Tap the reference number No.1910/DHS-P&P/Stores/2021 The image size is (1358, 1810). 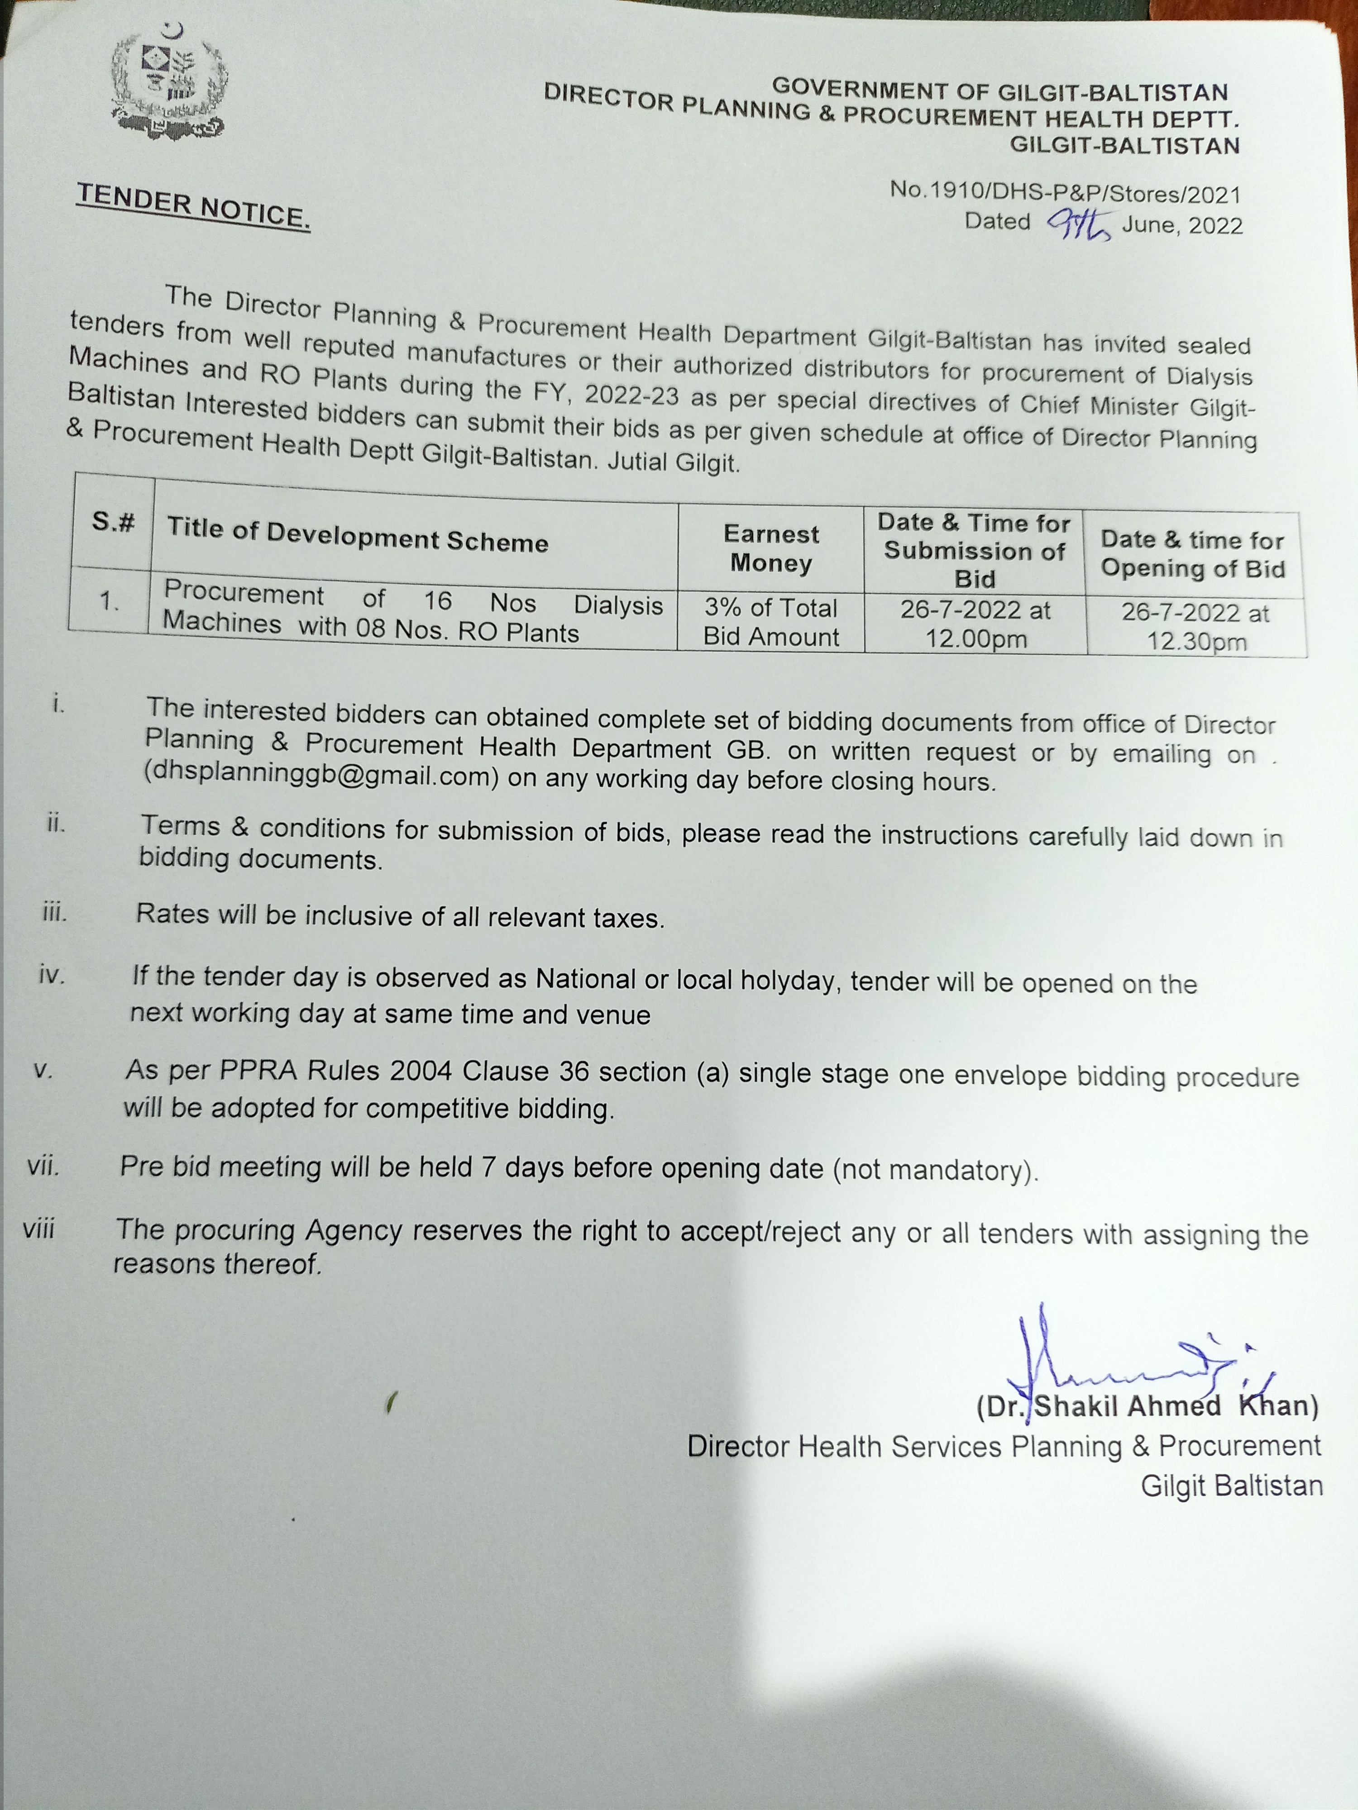(x=1065, y=193)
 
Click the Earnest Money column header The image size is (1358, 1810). (x=770, y=548)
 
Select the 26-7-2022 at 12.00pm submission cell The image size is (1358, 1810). (x=975, y=624)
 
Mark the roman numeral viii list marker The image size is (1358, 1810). (x=39, y=1228)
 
